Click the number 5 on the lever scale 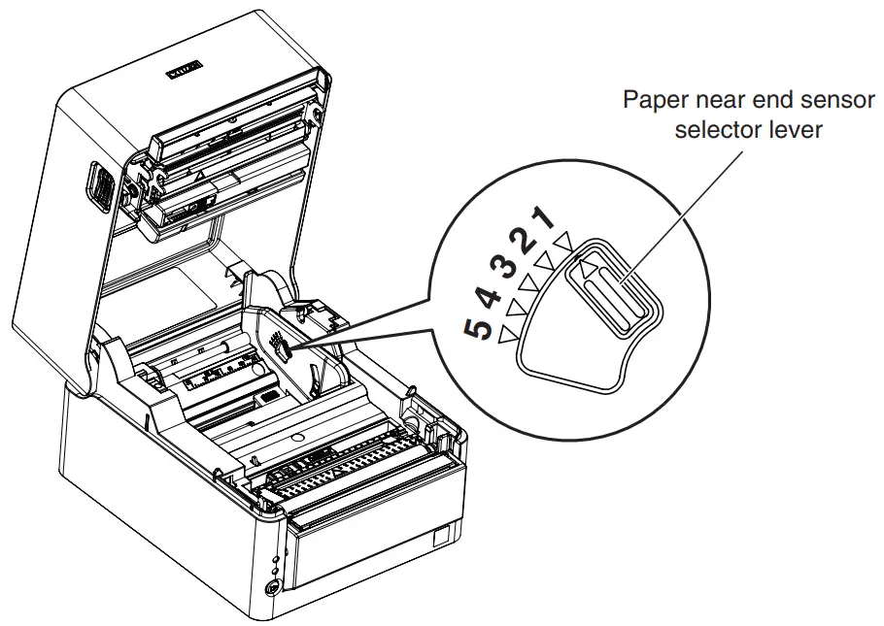point(478,329)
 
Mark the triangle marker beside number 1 point(562,239)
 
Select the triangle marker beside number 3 point(528,283)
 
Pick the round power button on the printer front point(271,586)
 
